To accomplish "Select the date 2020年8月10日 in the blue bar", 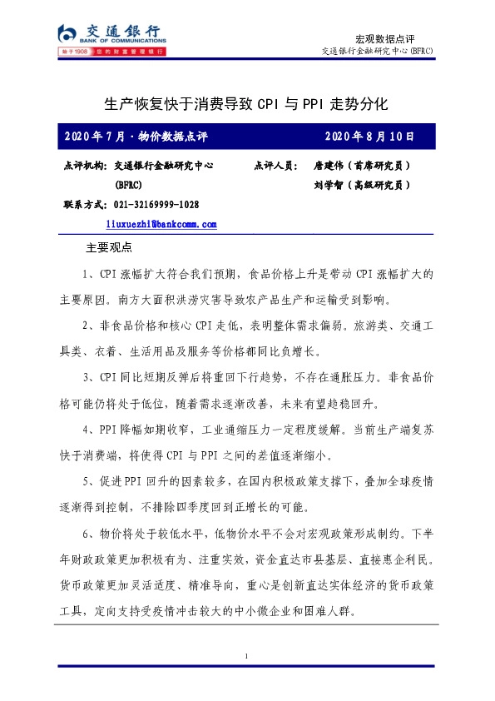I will (369, 136).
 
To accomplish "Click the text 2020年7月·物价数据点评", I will (136, 136).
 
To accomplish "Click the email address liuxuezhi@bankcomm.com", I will (161, 224).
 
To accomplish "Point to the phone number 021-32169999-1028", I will (156, 205).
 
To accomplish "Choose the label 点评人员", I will (275, 166).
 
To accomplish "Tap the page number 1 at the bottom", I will (247, 658).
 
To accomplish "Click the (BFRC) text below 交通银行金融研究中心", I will (129, 185).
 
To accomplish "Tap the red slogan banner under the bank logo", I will (111, 52).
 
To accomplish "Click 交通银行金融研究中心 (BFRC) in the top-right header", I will (377, 52).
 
